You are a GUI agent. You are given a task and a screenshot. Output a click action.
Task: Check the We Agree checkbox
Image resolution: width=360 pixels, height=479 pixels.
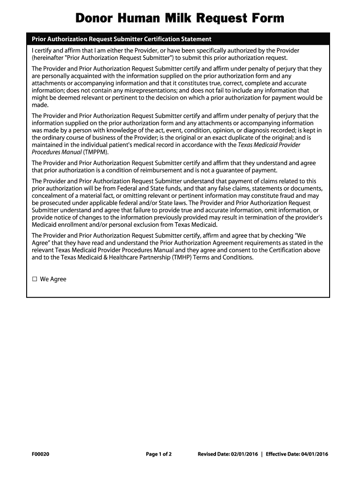click(x=35, y=279)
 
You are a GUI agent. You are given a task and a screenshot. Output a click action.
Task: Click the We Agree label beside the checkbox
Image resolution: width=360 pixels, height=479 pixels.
click(x=53, y=279)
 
